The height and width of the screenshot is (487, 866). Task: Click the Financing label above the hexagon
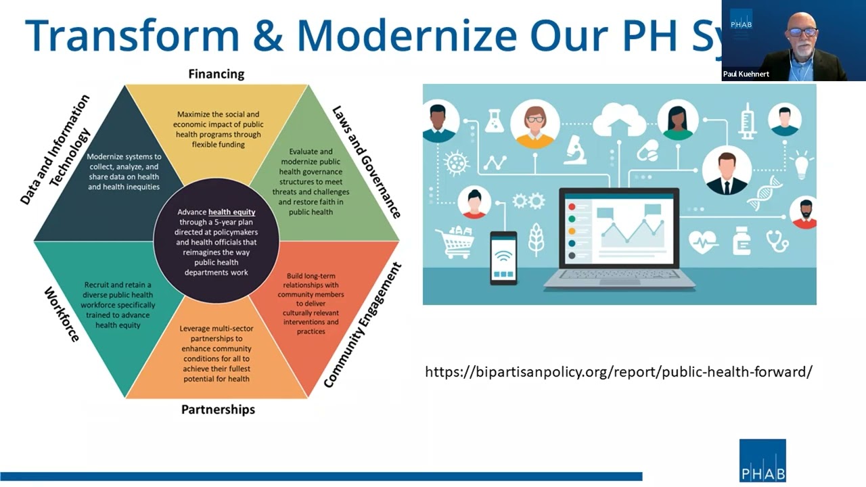216,74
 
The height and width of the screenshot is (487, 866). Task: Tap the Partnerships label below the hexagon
218,409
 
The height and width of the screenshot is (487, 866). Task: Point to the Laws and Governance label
366,162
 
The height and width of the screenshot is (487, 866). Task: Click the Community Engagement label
363,325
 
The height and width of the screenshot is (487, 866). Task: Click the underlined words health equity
231,212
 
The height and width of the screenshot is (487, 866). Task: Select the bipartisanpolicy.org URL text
618,371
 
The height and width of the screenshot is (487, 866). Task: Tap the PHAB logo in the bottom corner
762,461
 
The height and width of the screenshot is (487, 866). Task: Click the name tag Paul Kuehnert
745,74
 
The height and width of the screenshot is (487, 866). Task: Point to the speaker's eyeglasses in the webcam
802,32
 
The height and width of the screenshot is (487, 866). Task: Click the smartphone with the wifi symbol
503,257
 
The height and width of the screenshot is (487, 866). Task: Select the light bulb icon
801,164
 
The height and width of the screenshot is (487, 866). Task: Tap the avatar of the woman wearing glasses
534,124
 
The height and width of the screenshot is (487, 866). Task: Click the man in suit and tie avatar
726,170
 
